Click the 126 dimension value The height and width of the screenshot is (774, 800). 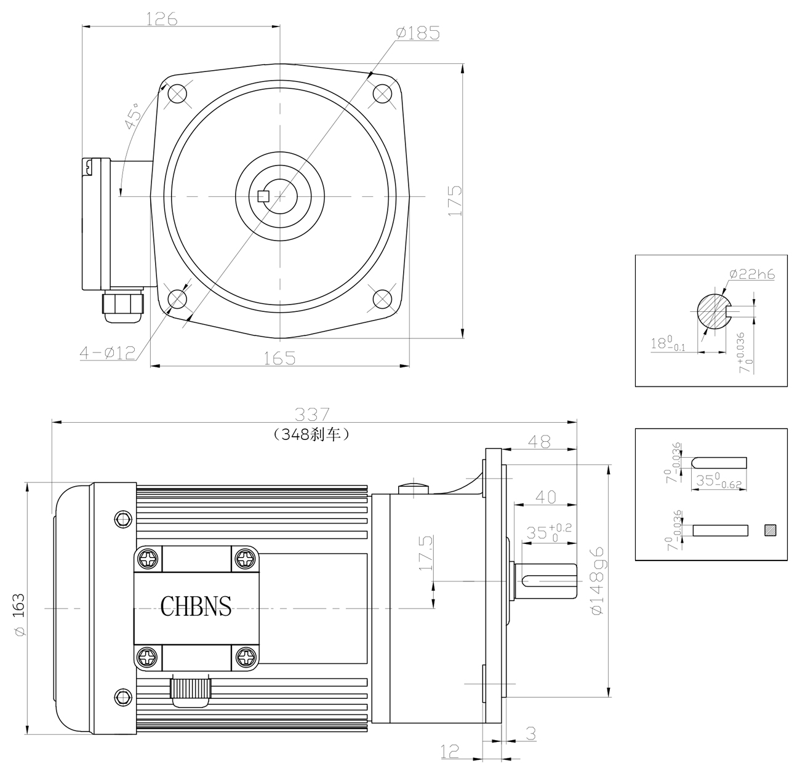click(162, 19)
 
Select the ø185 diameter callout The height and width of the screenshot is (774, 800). click(418, 33)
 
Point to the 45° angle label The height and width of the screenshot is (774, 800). click(133, 116)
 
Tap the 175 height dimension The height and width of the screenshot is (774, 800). click(455, 201)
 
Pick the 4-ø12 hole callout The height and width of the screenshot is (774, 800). click(107, 353)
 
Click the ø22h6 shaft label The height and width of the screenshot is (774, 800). click(753, 274)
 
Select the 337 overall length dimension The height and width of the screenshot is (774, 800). click(313, 414)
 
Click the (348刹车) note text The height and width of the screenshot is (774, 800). click(311, 434)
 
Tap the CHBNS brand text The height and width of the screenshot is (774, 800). click(196, 606)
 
